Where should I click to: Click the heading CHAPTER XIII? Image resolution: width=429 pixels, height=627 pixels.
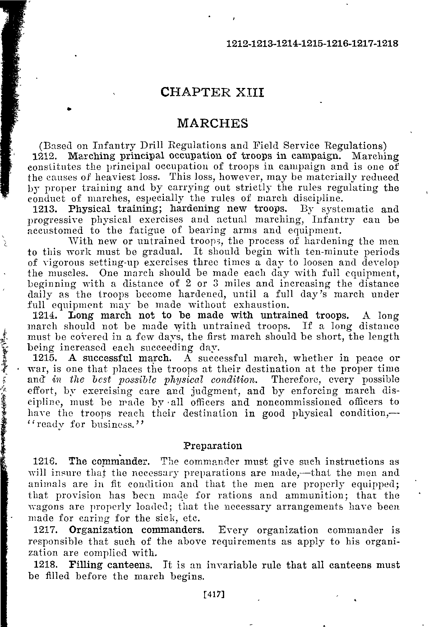(x=212, y=92)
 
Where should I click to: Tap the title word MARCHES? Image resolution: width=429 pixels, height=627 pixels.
(x=213, y=123)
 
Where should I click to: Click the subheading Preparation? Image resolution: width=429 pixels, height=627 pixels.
(x=213, y=446)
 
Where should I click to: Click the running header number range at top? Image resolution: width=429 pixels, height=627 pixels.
(x=312, y=44)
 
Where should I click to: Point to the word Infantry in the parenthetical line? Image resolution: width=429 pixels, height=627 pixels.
(x=115, y=145)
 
